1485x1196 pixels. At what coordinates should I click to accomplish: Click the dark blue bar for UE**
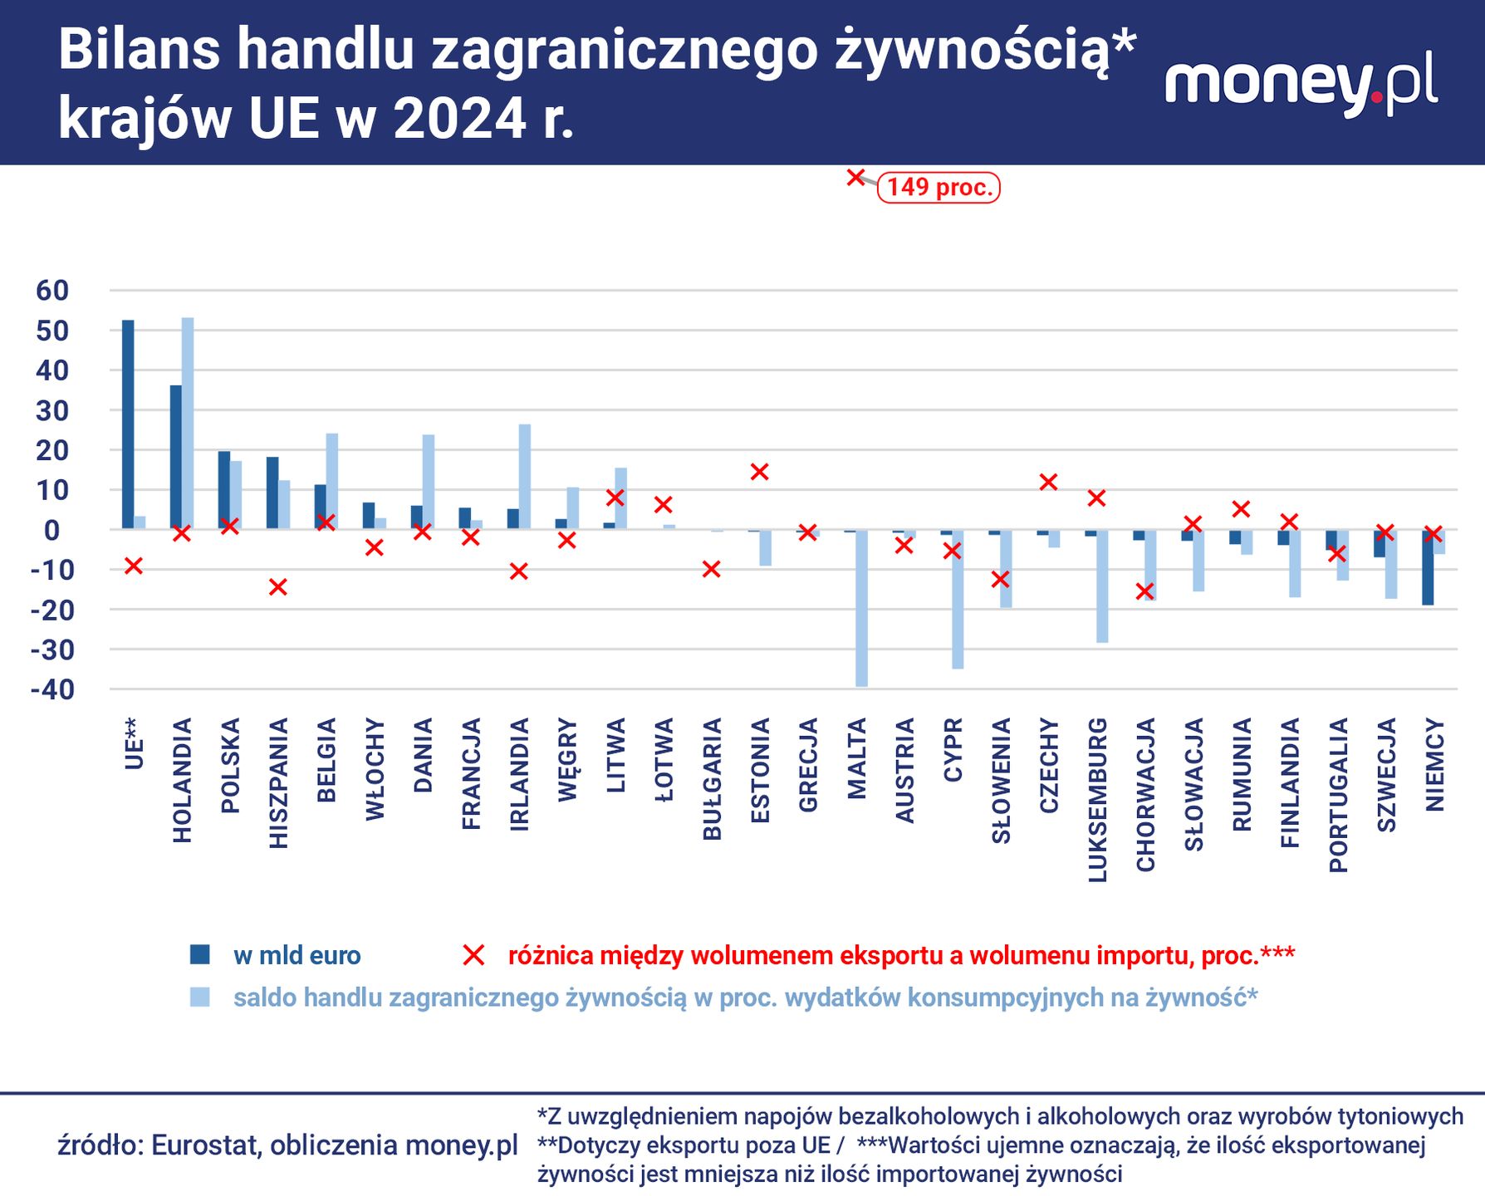pos(128,424)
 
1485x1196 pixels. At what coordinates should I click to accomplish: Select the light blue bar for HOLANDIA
pos(188,424)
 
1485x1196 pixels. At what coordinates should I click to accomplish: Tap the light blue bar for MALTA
pos(862,608)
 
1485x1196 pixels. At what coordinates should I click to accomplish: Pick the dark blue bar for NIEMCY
pos(1428,567)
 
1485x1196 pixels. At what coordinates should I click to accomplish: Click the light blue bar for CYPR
pos(958,599)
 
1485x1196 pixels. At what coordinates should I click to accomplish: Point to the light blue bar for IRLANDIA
pos(525,477)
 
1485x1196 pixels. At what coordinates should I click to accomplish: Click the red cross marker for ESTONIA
pos(759,472)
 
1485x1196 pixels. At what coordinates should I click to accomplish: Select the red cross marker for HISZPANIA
pos(278,587)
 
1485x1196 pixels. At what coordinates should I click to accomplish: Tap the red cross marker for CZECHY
pos(1048,482)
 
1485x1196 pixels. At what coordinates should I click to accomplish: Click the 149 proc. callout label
pos(939,188)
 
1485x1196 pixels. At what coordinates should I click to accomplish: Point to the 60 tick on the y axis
pos(51,291)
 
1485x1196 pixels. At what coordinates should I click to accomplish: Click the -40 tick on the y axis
pos(51,689)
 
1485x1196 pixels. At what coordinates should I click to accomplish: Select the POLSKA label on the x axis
pos(231,765)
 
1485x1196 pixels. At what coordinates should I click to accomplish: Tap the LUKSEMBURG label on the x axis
pos(1097,799)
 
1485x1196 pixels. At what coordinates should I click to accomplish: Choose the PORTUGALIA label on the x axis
pos(1338,795)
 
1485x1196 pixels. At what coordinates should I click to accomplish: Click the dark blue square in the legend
pos(200,955)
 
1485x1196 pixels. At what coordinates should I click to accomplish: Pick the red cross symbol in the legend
pos(473,955)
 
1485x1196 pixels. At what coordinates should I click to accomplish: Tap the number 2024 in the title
pos(459,119)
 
